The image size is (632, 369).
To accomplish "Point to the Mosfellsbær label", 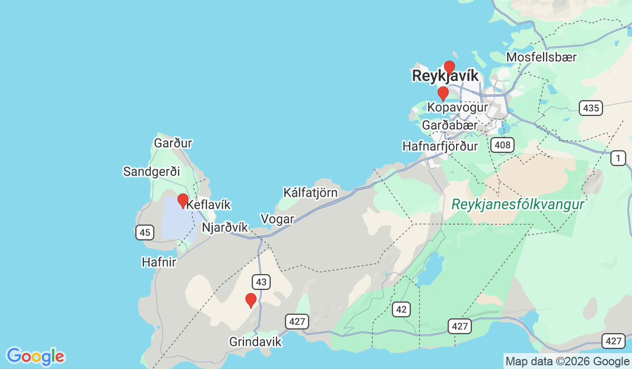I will coord(541,57).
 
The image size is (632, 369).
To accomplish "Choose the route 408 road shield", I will coord(503,144).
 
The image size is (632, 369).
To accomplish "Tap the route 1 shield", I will coord(617,158).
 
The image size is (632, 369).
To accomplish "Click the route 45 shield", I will coord(144,232).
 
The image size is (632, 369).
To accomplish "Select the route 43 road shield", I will coord(261,281).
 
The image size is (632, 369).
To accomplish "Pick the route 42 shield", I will coord(401,309).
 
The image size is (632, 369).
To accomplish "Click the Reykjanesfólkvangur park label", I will coord(518,205).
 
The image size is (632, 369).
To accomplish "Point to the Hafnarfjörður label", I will coord(440,145).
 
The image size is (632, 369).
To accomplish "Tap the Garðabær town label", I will coord(450,125).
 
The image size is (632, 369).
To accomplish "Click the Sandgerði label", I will coord(151,171).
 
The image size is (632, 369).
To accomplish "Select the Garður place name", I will coord(173,143).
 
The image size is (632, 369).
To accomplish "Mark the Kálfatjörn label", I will coord(310,192).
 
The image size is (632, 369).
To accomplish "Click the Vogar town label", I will coord(277,219).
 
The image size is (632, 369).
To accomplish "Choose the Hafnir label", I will coord(159,261).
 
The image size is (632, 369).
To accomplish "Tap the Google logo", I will coord(35,356).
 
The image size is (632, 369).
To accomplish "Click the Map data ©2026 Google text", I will coord(567,362).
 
